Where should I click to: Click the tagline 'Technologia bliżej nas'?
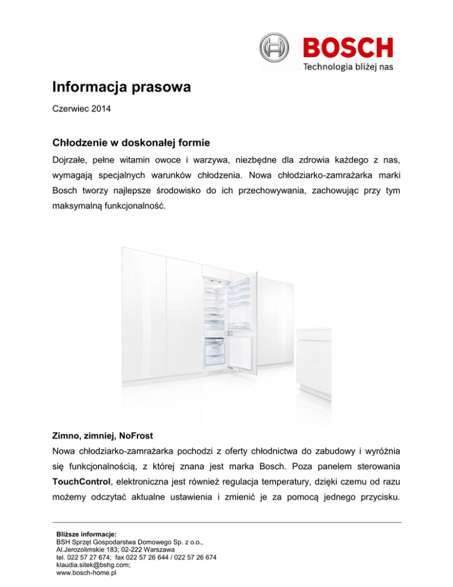(348, 67)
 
